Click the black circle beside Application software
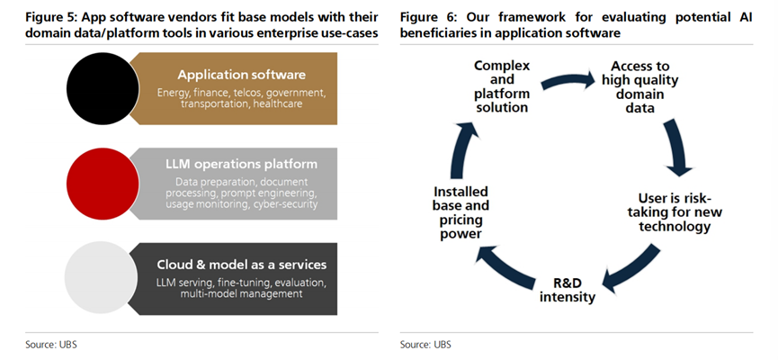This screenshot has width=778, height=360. click(103, 88)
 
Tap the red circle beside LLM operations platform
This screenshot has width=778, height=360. click(103, 184)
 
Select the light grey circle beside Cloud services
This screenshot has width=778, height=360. click(102, 278)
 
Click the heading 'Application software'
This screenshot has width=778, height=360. click(242, 75)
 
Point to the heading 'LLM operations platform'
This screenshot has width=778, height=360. click(242, 165)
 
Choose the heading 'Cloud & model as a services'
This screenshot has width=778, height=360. click(242, 265)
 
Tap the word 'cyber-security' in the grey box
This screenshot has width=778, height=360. click(285, 204)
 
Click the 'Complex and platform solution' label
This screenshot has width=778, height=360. click(502, 86)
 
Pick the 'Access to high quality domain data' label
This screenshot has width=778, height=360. click(640, 87)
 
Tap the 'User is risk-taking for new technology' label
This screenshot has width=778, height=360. click(675, 212)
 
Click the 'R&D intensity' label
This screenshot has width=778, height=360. click(568, 291)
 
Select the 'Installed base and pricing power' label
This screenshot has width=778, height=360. click(461, 212)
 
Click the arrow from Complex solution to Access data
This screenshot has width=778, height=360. click(568, 80)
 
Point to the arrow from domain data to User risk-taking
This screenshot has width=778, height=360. click(677, 148)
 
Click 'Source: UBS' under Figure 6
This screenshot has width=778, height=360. click(425, 344)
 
